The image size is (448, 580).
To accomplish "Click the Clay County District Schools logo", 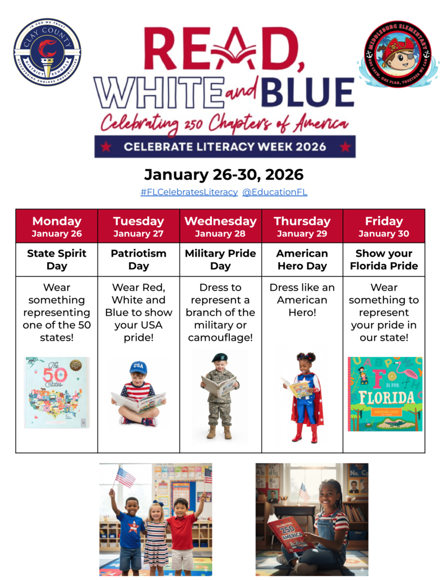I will coord(47,52).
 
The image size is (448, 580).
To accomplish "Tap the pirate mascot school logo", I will coord(398,54).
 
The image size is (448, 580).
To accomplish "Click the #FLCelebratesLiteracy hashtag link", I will coord(189,192).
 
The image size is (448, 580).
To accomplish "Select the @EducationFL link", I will coord(275,192).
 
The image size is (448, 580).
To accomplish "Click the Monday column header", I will coord(57,226).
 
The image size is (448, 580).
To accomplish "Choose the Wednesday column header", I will coord(220,226).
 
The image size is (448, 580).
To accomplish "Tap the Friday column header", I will coord(383,226).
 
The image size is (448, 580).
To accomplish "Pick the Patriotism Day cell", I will coord(138,259).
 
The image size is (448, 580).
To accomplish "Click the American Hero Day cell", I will coord(302,259).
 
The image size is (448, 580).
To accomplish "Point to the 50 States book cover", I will coord(57,392).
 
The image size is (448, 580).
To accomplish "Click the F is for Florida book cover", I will coord(385,394).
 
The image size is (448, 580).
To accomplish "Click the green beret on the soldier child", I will coord(219,357).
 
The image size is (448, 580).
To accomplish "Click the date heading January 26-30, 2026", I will coord(224,174).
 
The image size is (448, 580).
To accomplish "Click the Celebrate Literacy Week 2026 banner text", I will coord(225,147).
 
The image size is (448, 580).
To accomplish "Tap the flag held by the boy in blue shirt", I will coord(125,477).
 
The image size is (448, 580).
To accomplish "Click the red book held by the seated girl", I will coord(289,533).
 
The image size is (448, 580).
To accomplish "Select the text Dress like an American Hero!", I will coord(302,300).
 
